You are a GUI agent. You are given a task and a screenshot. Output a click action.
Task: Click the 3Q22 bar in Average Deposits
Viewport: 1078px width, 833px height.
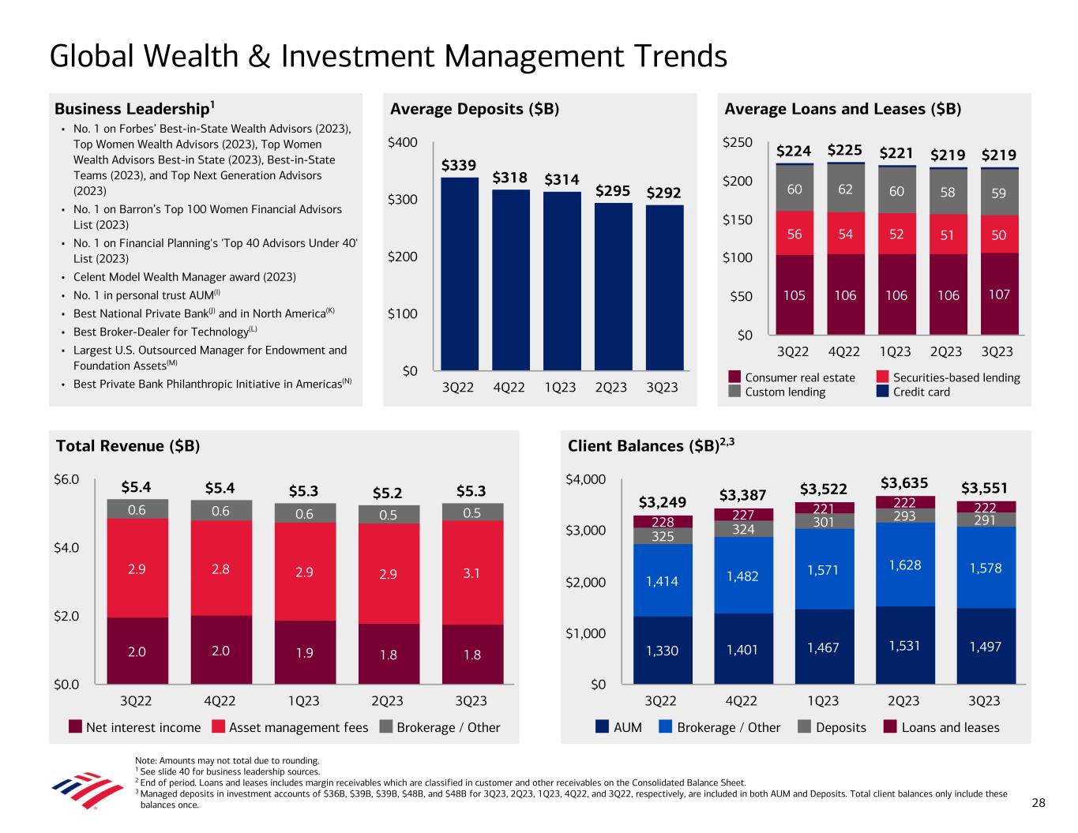tap(460, 273)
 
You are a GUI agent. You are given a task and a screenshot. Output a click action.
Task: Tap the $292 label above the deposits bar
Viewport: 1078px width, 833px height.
tap(664, 193)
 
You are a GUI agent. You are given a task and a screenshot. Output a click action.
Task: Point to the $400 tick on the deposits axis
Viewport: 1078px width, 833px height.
tap(403, 143)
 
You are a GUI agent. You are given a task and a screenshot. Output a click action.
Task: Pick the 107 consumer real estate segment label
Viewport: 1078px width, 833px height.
tap(999, 294)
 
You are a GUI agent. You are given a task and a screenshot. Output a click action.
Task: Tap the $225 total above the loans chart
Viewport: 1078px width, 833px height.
tap(844, 151)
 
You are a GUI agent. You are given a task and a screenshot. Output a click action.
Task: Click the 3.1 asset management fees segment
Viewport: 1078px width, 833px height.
tap(471, 573)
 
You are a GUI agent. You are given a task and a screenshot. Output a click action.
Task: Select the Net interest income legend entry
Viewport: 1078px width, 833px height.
tap(135, 727)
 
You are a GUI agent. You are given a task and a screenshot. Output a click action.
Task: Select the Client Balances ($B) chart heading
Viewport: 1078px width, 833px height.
tap(652, 446)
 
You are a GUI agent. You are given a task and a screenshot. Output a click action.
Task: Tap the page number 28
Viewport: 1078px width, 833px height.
tap(1038, 803)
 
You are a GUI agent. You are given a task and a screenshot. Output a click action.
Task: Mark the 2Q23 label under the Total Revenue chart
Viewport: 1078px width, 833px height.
tap(387, 700)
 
